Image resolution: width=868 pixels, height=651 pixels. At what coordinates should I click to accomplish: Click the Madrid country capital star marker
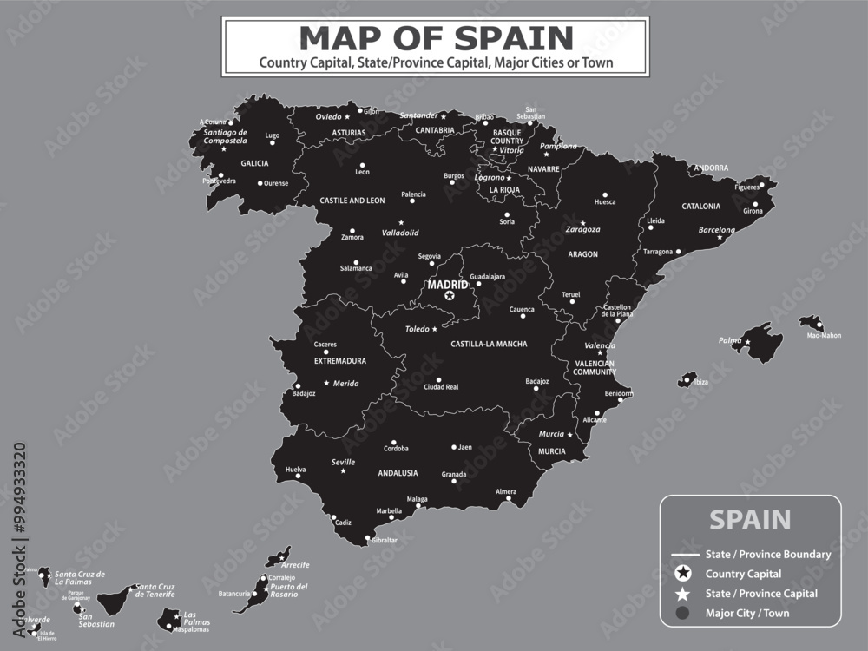coord(449,296)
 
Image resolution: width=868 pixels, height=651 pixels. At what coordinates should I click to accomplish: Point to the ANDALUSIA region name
coord(398,473)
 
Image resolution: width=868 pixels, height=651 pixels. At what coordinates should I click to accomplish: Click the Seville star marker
coord(343,470)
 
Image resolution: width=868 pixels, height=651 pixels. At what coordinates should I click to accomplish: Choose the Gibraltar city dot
coord(368,539)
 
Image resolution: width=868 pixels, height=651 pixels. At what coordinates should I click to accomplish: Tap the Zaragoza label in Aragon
coord(582,229)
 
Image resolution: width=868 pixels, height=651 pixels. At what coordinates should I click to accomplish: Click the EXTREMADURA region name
coord(340,360)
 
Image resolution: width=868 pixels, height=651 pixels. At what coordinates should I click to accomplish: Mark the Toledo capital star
coord(435,329)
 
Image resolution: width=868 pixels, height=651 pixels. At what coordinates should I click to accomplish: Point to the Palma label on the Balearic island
coord(730,340)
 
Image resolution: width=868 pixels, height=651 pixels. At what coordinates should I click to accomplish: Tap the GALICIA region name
coord(254,163)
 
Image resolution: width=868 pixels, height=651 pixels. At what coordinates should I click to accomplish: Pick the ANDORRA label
coord(710,168)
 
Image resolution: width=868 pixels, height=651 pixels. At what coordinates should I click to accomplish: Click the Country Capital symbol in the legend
coord(683,573)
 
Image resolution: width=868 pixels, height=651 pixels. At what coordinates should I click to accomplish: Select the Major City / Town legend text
coord(747,613)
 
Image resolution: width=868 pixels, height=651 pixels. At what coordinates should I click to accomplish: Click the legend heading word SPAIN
coord(750,519)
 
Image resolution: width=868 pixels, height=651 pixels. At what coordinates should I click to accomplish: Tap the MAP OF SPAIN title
coord(436,37)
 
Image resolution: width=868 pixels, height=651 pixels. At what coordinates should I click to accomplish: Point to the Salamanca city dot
coord(355,262)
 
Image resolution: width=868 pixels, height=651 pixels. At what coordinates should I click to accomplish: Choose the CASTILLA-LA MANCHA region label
coord(489,344)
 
